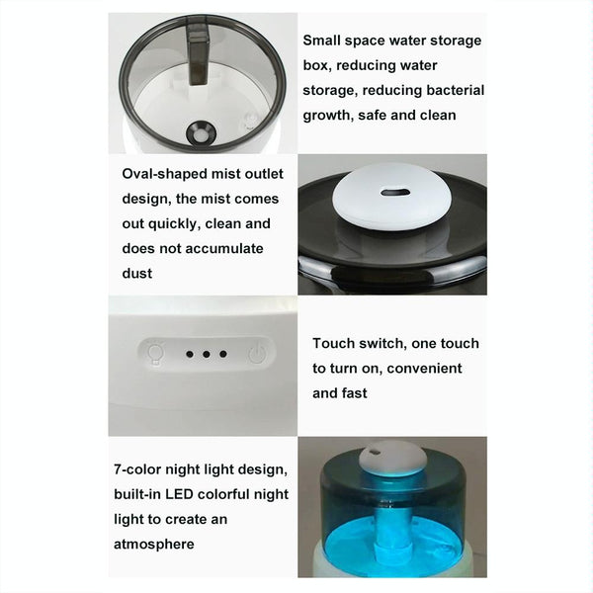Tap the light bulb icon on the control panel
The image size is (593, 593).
tap(155, 354)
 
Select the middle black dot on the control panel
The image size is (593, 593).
tap(207, 355)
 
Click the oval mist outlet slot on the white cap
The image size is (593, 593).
tap(395, 193)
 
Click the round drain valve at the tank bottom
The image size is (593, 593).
tap(202, 133)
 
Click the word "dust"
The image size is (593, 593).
tap(137, 274)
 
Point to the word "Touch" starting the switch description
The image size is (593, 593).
tap(334, 343)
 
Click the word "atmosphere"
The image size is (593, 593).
tap(154, 545)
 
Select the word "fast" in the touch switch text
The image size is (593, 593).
tap(355, 393)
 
